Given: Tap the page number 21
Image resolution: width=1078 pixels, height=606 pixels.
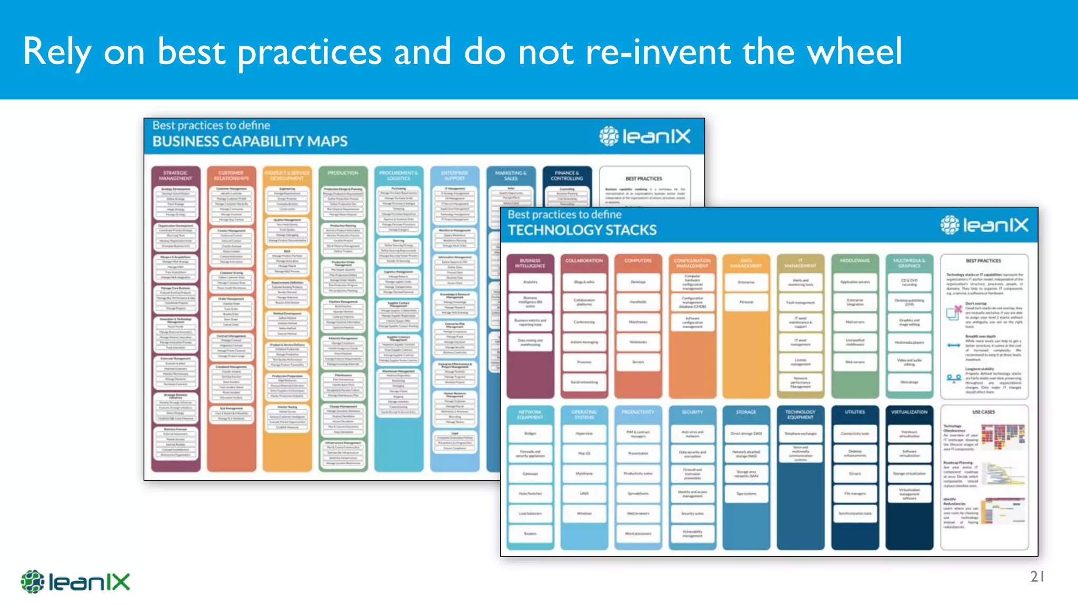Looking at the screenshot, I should [x=1037, y=577].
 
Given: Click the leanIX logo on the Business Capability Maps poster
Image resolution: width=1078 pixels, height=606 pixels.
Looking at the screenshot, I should [x=645, y=136].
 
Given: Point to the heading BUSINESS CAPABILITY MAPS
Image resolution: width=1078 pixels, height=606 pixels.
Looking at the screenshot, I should [x=250, y=142].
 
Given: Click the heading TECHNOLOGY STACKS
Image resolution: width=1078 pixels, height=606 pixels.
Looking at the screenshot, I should [x=582, y=230].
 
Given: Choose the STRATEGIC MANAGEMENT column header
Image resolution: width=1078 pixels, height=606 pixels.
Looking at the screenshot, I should [x=175, y=176].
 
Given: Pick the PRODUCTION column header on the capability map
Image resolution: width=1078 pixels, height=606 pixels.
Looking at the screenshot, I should [x=343, y=173].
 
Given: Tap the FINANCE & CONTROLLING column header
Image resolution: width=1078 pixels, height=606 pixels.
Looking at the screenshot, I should [x=567, y=176].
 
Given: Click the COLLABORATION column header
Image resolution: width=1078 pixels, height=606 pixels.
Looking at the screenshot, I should [x=584, y=261].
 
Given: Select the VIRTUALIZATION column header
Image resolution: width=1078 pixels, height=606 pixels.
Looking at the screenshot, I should [x=909, y=412].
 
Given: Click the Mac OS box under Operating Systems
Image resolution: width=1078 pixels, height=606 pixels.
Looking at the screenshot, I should [x=584, y=453].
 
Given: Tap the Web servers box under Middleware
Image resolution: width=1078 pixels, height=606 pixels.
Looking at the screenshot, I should [x=855, y=362].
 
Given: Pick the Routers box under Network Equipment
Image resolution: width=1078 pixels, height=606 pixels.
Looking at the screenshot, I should [x=530, y=533].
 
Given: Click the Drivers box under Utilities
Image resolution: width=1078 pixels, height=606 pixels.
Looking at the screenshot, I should [x=855, y=473].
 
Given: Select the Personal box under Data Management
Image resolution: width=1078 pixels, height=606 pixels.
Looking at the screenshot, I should [x=746, y=302].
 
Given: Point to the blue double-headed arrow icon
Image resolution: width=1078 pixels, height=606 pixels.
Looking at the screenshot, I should [x=953, y=346].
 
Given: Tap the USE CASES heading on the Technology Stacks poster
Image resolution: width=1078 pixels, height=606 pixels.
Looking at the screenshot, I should [x=983, y=412].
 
